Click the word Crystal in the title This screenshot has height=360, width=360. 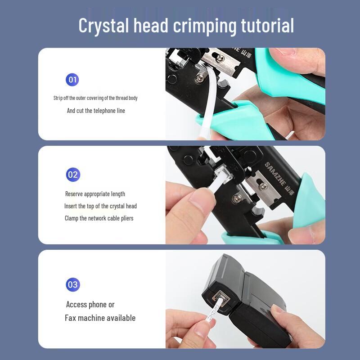103,26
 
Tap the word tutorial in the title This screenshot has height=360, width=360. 267,25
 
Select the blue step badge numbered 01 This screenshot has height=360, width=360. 72,80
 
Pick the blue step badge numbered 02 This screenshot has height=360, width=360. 73,175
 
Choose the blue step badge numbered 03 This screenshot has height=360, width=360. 73,284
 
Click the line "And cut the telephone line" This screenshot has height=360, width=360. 96,111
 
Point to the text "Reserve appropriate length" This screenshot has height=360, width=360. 95,194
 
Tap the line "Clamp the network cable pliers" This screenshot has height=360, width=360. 99,218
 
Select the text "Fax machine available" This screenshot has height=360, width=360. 100,318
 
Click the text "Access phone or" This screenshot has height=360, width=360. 90,305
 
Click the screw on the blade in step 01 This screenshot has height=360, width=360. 220,59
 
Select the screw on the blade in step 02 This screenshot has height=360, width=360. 264,186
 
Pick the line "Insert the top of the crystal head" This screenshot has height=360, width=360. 100,206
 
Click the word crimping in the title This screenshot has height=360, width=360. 205,26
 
